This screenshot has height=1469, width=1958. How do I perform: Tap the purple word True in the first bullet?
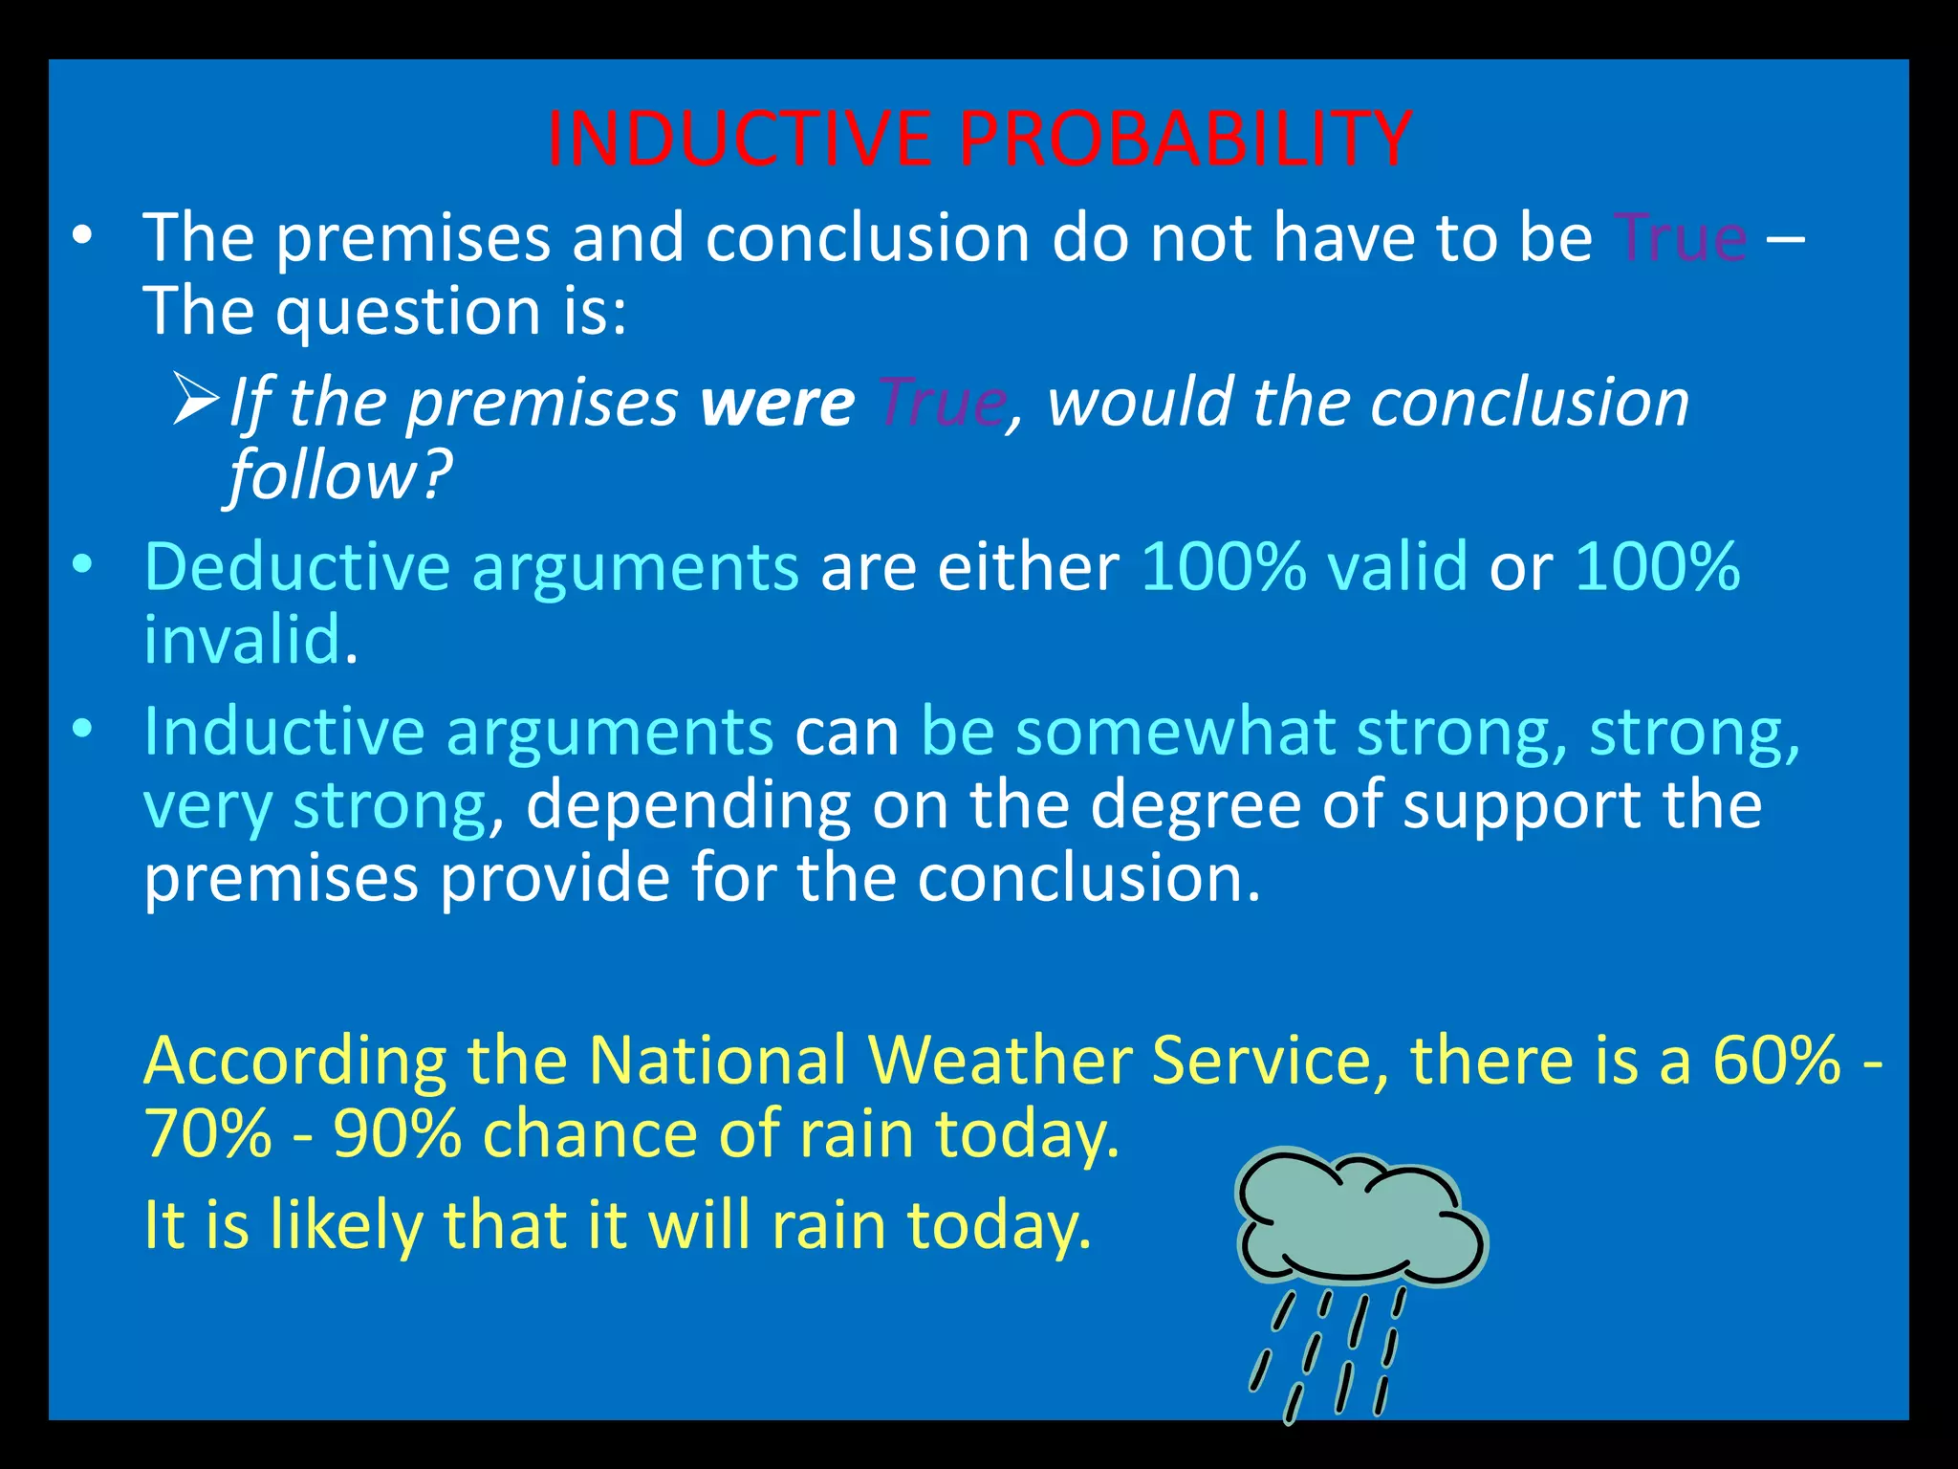(x=1680, y=237)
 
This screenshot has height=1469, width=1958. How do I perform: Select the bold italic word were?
(x=776, y=403)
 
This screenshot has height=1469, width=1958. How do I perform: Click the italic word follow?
(x=339, y=475)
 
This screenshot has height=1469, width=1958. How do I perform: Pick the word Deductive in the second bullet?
(x=296, y=567)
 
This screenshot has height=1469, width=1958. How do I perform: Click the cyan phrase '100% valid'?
(x=1304, y=567)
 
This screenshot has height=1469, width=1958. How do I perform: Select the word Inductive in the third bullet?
(x=283, y=732)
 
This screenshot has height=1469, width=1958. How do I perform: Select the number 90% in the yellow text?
(x=397, y=1134)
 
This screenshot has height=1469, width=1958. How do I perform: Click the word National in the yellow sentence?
(x=717, y=1061)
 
